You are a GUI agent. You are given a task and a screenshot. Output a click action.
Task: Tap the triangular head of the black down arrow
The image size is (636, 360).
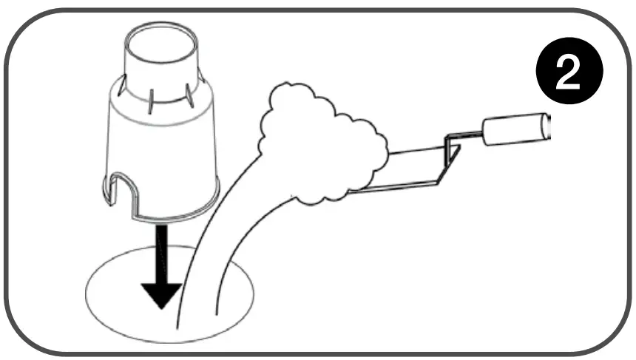click(x=160, y=293)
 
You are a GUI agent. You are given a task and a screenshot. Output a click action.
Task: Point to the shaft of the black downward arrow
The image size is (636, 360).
click(x=160, y=251)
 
